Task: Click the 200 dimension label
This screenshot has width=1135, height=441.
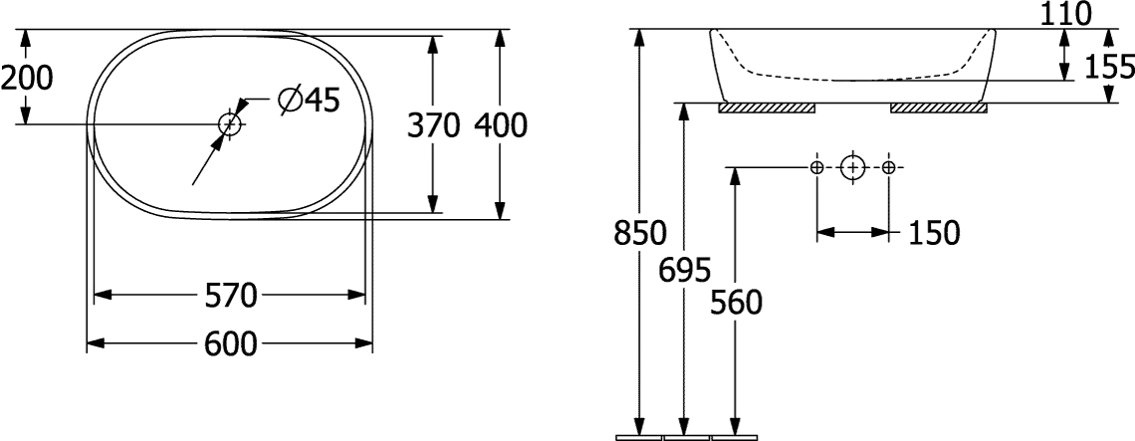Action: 27,78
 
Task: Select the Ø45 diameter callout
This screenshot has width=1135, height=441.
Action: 309,100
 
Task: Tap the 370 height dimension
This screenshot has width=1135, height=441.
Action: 433,125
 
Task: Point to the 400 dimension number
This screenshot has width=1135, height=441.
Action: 501,125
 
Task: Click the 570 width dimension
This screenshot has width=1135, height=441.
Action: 231,295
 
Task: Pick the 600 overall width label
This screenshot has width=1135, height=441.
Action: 231,344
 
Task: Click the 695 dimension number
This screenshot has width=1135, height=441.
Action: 686,270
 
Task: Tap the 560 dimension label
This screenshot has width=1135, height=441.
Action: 736,302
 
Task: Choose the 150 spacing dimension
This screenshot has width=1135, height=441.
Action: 933,233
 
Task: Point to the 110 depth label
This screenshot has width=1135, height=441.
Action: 1064,14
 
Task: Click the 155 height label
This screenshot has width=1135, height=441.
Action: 1110,68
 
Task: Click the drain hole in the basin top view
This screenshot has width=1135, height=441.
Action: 230,124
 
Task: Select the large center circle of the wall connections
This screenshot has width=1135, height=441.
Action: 853,168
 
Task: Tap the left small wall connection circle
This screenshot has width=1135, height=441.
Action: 816,168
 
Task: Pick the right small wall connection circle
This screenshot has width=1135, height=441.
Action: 890,168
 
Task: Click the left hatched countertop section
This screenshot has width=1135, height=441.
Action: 767,108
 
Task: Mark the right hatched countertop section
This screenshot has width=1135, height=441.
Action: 939,108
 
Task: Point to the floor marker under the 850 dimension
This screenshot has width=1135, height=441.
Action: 638,437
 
